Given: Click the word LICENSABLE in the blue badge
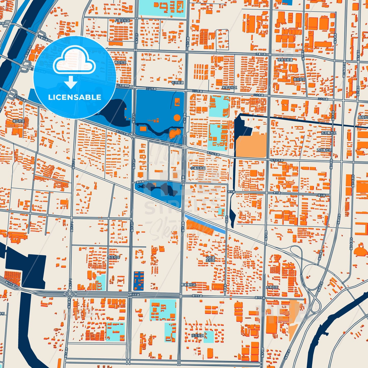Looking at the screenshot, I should click(x=75, y=97).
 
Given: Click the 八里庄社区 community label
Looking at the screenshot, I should click(x=122, y=20).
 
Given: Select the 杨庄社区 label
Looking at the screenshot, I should click(x=120, y=62).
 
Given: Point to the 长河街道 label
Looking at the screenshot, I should click(x=177, y=83).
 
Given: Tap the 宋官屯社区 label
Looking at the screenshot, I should click(x=229, y=87).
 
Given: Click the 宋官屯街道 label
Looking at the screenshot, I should click(x=285, y=60).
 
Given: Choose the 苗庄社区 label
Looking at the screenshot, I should click(x=299, y=79).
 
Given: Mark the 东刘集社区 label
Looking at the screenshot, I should click(x=329, y=133).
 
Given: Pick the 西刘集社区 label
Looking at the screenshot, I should click(x=324, y=150).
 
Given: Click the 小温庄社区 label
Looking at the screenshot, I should click(x=198, y=168).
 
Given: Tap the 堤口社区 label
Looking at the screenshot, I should click(x=19, y=121).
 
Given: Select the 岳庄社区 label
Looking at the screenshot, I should click(x=114, y=257).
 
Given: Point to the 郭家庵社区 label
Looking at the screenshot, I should click(x=188, y=285).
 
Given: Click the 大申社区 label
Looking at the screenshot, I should click(x=272, y=287).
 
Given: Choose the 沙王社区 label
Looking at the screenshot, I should click(x=197, y=336).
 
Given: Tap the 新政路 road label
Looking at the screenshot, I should click(x=140, y=182).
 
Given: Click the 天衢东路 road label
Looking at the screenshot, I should click(x=261, y=54).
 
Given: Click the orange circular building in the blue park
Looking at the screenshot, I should click(x=177, y=118).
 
